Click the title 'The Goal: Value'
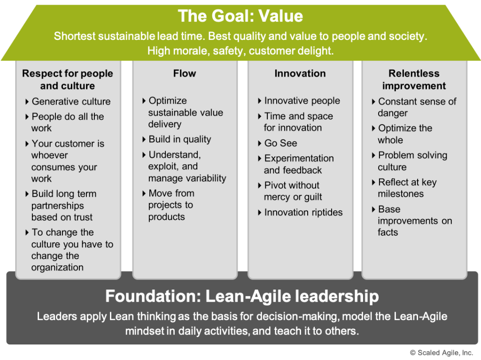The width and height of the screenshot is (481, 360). coord(240,16)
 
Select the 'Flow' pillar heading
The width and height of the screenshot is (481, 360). coord(184,73)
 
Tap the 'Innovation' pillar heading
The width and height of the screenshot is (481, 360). coord(300,73)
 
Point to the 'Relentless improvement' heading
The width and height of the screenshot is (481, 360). coord(414,79)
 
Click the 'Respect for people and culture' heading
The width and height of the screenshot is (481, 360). coord(68,79)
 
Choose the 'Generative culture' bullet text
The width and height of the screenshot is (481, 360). coord(71,101)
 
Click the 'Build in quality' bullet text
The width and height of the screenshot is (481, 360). coord(180,139)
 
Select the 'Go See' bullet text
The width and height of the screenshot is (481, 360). coord(281,143)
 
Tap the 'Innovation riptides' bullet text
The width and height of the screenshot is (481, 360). coord(303,212)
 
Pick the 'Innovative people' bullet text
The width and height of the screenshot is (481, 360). coord(302,101)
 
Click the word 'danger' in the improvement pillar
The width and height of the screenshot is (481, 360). coord(393,113)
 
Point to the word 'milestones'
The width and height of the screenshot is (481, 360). coord(401,194)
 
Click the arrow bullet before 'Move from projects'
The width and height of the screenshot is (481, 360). coord(144,193)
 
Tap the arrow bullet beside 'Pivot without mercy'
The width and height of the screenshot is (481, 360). coord(260,185)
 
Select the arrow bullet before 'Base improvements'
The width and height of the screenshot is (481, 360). coord(373,209)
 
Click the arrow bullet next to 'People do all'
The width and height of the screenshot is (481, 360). coord(27,117)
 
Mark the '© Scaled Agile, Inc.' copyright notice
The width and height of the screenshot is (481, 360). coord(442,353)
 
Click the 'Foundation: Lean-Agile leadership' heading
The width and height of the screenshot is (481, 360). coord(242,296)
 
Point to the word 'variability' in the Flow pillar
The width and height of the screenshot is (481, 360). coord(208,178)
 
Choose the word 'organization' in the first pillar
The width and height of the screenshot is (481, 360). coord(57,267)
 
